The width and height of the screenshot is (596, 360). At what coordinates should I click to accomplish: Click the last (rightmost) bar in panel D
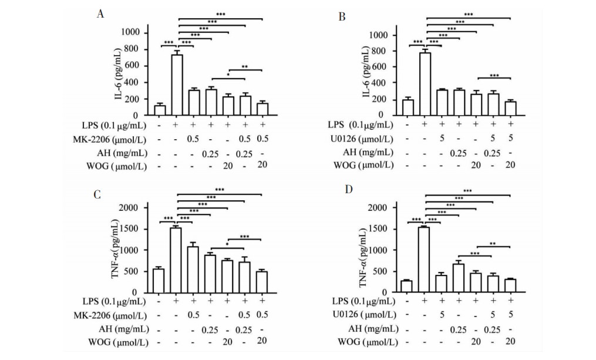click(510, 285)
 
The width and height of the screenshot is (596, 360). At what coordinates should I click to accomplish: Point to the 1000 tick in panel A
click(131, 32)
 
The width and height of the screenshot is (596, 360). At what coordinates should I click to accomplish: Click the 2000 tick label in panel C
click(129, 208)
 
